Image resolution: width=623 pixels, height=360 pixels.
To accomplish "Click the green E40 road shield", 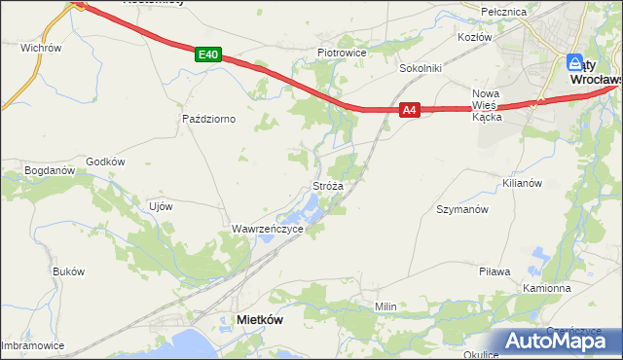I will (207, 55).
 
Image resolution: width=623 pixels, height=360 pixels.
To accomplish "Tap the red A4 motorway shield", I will (410, 111).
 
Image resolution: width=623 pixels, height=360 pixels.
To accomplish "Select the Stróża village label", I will (327, 184).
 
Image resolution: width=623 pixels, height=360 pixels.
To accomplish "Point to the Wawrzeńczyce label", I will (267, 229).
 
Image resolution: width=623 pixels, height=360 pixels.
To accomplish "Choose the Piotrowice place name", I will (340, 53).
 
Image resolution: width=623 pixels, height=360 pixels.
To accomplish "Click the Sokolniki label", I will (421, 69).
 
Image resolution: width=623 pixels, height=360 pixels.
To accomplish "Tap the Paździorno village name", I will (209, 119).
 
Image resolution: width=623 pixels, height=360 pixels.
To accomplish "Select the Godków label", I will (106, 162).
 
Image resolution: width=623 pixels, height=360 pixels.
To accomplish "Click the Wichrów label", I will (41, 47).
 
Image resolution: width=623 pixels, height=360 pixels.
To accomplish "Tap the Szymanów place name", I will (461, 209).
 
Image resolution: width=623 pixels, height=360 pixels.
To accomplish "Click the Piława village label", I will (495, 271).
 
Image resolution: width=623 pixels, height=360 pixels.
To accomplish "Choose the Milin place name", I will (386, 306).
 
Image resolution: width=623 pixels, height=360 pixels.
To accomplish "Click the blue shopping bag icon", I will (576, 60).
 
